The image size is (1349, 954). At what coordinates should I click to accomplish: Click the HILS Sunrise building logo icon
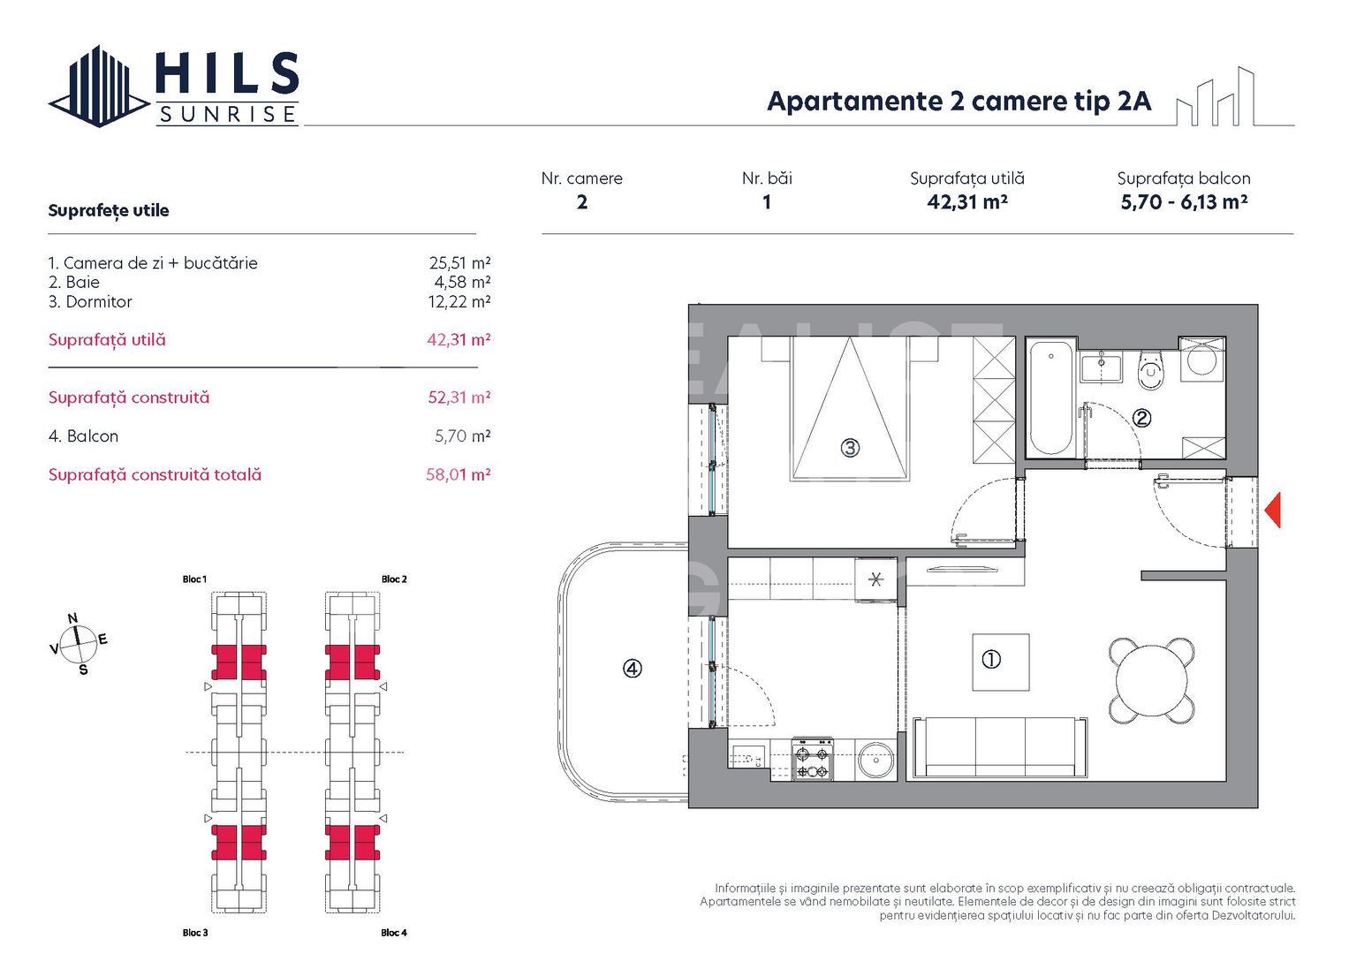click(x=97, y=87)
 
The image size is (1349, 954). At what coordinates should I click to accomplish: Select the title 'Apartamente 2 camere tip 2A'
click(x=959, y=102)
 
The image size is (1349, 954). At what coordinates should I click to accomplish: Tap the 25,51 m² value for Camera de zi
click(x=459, y=263)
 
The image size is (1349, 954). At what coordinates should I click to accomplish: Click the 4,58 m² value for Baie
click(x=461, y=283)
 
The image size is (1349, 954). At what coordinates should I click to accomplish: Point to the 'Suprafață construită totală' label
click(x=155, y=475)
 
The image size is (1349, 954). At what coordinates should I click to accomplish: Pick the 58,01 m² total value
click(x=458, y=475)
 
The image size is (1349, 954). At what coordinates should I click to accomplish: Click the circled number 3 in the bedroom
click(x=850, y=448)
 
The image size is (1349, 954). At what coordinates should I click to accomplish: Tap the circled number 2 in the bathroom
click(x=1141, y=418)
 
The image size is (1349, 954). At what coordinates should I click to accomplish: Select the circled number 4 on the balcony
click(x=633, y=669)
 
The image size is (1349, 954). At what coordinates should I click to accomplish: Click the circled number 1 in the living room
click(x=991, y=659)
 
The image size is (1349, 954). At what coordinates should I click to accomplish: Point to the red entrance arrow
click(x=1272, y=511)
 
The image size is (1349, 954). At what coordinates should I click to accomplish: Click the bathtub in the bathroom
click(x=1050, y=397)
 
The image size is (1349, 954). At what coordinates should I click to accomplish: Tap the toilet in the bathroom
click(x=1150, y=369)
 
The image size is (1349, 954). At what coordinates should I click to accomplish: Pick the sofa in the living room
click(x=999, y=747)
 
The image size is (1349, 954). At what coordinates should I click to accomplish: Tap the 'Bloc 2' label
click(x=394, y=579)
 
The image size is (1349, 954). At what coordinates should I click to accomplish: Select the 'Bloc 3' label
click(x=195, y=933)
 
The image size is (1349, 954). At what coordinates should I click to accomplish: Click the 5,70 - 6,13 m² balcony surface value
click(x=1184, y=202)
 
